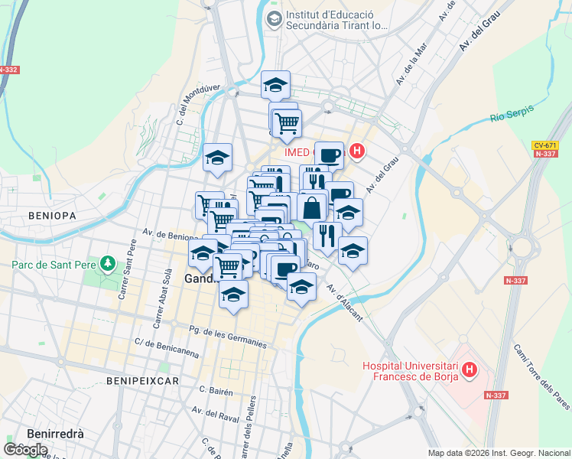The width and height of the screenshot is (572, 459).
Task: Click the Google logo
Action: point(26,449)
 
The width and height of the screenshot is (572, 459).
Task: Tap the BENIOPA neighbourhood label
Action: point(52,216)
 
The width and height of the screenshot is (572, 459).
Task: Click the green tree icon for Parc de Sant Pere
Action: point(109,265)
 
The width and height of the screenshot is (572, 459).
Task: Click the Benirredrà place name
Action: point(55,433)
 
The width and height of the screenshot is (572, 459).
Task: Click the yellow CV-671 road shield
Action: point(544,145)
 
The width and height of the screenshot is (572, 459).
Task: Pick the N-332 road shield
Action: point(8,70)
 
